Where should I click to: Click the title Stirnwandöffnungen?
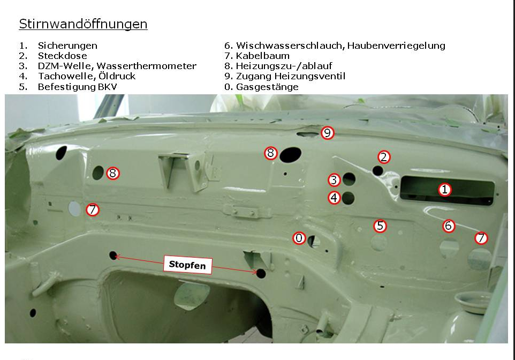pos(83,24)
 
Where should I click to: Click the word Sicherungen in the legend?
pos(67,46)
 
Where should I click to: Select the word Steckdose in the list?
pos(63,56)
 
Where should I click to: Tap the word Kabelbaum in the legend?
pos(263,56)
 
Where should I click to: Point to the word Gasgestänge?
pos(267,87)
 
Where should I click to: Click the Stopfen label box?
pos(187,265)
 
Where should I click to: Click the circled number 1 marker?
pos(444,189)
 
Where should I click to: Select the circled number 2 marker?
pos(384,157)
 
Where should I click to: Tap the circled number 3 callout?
pos(334,180)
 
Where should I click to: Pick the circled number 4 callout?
pos(334,198)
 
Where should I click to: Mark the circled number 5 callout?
pos(380,226)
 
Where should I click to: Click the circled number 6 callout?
pos(449,226)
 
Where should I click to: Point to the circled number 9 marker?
pos(327,133)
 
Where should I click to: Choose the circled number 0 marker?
pos(299,238)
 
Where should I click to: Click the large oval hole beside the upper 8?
pos(290,154)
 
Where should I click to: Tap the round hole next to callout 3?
pos(349,179)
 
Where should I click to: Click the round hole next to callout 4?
pos(348,198)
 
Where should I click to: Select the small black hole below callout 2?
pos(378,171)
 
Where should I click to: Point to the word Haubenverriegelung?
pos(396,46)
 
